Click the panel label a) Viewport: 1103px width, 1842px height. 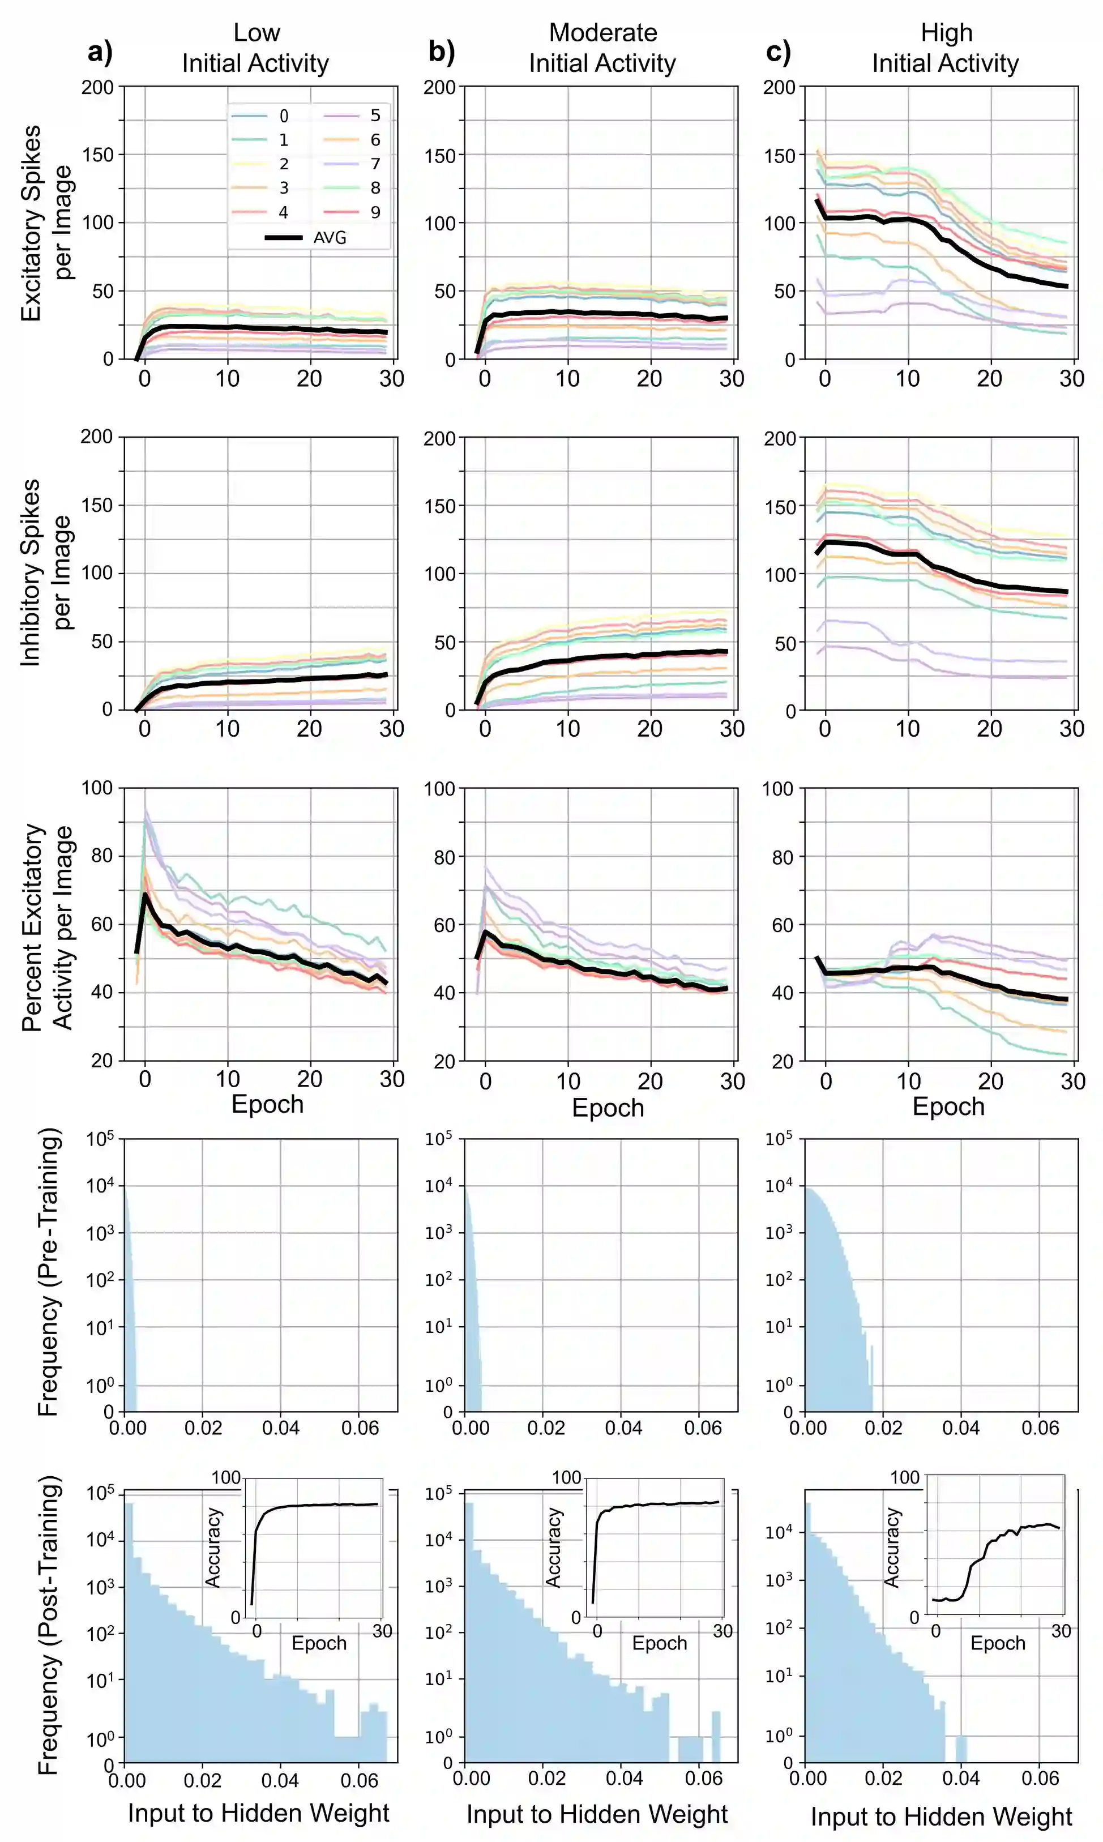click(100, 52)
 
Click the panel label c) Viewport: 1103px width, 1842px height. click(778, 52)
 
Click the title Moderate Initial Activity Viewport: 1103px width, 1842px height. click(603, 48)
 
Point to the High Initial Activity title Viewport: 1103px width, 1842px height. click(946, 48)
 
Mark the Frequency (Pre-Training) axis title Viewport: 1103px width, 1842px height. click(48, 1272)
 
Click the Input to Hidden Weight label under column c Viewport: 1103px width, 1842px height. click(941, 1816)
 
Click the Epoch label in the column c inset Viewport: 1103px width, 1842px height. click(998, 1643)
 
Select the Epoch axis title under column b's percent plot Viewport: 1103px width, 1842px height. click(608, 1108)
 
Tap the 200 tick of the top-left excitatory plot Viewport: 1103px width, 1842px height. click(97, 88)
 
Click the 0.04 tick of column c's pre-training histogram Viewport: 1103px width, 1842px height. click(960, 1428)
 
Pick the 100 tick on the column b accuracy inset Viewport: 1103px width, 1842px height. click(566, 1477)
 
